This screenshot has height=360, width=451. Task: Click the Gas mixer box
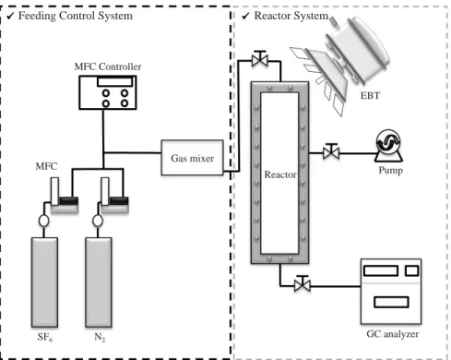192,158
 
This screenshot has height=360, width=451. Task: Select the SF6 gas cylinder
44,282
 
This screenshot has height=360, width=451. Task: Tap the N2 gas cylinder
99,282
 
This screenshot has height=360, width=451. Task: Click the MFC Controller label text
108,66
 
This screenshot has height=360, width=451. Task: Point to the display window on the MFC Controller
115,81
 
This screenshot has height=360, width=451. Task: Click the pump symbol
388,146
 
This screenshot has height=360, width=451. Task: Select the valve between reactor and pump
331,151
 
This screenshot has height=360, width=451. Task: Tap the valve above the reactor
260,59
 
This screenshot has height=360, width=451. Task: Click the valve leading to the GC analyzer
303,283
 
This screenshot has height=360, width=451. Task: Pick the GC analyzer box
391,292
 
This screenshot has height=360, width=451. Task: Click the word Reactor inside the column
280,174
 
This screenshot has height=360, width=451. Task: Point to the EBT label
370,96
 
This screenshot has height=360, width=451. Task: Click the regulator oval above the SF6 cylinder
44,221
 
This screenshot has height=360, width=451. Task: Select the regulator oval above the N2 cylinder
98,221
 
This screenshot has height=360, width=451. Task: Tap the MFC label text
46,166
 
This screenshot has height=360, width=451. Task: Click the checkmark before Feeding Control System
10,16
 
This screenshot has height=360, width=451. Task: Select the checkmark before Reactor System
245,16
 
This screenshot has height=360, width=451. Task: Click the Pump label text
390,170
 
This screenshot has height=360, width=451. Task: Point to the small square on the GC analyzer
412,270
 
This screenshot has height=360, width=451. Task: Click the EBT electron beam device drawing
341,63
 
